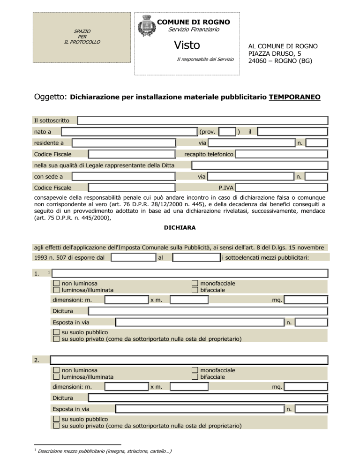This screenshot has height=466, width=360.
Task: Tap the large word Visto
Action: pyautogui.click(x=187, y=45)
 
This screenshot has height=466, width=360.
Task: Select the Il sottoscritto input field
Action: pyautogui.click(x=202, y=120)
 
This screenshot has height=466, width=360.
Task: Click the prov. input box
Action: pyautogui.click(x=227, y=132)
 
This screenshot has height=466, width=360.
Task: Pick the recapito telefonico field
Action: pyautogui.click(x=281, y=154)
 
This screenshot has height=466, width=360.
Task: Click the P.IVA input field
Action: pyautogui.click(x=281, y=188)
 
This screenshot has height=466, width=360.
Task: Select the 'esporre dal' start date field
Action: pyautogui.click(x=133, y=257)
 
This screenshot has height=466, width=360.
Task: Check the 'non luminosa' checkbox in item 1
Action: pyautogui.click(x=56, y=284)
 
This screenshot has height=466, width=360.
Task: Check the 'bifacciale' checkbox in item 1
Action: pyautogui.click(x=195, y=290)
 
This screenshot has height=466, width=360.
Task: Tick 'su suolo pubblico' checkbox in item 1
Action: pyautogui.click(x=56, y=332)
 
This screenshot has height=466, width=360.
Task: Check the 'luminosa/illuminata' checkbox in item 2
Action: pyautogui.click(x=56, y=377)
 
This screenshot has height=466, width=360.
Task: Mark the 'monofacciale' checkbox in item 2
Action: pyautogui.click(x=195, y=370)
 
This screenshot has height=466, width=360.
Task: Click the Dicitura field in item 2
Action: pyautogui.click(x=207, y=398)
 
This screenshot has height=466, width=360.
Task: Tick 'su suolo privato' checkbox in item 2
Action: pyautogui.click(x=56, y=426)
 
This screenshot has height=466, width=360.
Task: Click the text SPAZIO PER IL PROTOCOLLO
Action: pyautogui.click(x=82, y=37)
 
